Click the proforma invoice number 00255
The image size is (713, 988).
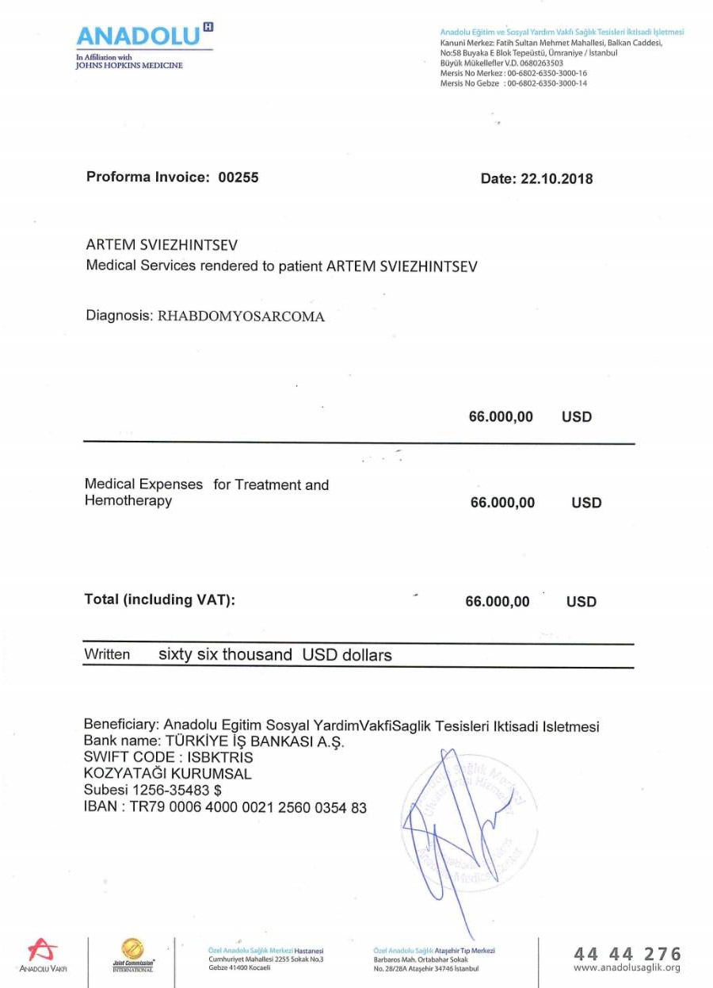238,178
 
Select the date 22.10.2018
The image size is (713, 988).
556,179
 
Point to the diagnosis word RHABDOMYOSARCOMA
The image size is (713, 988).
242,316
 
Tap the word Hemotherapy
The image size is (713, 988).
128,501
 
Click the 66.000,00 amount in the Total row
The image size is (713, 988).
498,602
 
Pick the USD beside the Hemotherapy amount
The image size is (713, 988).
586,503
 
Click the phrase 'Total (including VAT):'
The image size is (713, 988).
160,600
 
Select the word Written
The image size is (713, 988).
107,656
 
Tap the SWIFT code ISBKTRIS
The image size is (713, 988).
225,757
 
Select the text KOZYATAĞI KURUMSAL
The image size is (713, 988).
168,774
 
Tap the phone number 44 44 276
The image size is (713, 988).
627,953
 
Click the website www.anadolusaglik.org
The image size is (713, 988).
627,968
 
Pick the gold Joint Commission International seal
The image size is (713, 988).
132,949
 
